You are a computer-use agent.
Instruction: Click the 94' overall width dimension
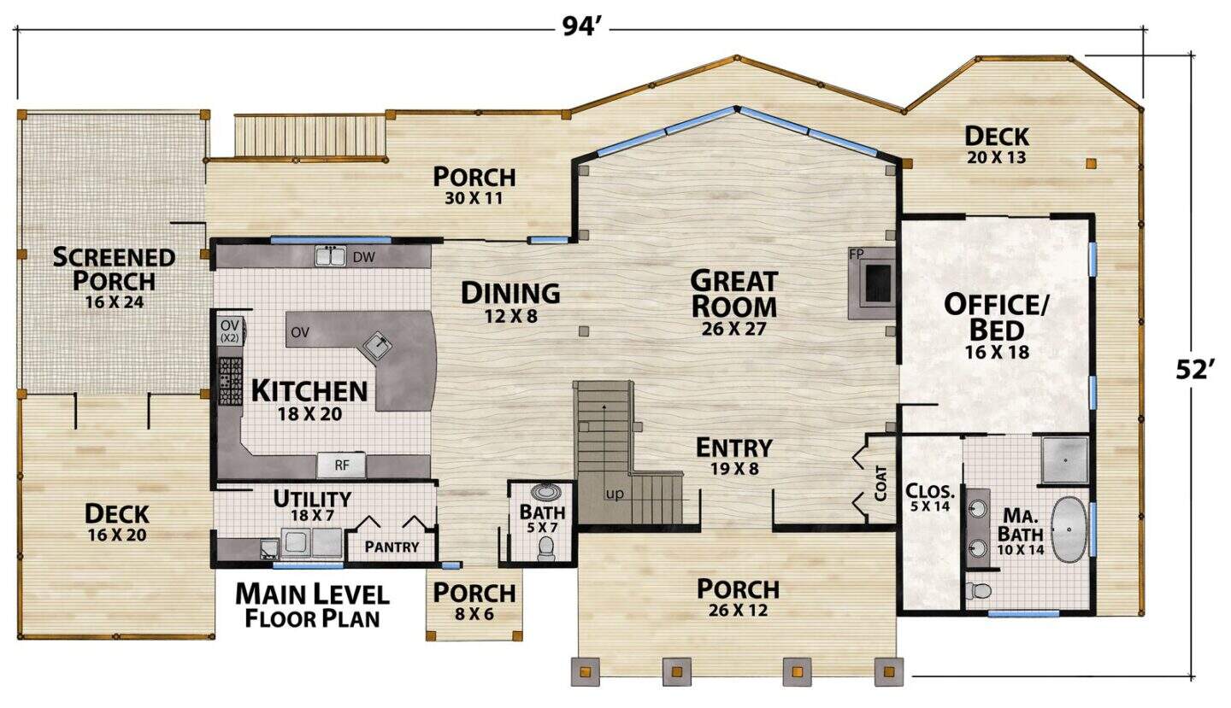580,26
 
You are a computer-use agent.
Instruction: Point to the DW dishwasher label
363,257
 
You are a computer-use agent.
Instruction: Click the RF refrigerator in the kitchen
341,465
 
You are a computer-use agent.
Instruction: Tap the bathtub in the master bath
1069,530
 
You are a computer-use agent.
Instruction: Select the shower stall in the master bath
1065,460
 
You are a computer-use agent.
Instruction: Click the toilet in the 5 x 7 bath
545,547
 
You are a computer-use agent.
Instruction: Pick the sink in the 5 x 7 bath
545,491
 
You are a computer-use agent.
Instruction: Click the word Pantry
392,547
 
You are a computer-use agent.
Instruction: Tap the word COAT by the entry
881,483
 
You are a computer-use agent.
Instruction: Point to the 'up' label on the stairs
615,494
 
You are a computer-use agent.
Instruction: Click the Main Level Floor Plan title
312,606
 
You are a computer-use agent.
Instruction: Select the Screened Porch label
114,269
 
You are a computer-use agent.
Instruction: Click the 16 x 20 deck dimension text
117,535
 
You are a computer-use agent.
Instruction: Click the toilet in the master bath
978,590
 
